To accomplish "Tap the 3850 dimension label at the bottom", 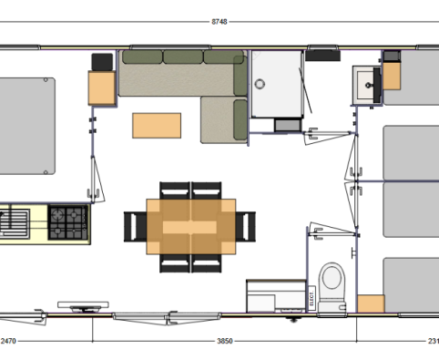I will click(x=224, y=341).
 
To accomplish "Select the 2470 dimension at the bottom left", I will click(x=8, y=341).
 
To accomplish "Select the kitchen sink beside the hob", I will click(x=16, y=221).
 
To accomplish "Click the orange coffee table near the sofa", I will click(x=158, y=124).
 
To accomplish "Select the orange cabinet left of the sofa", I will click(x=100, y=88).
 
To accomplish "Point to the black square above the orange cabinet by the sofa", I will click(x=101, y=61).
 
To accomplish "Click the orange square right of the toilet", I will click(x=370, y=304).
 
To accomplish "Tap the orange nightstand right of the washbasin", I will click(x=393, y=77).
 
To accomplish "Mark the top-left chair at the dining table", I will click(x=173, y=191).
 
